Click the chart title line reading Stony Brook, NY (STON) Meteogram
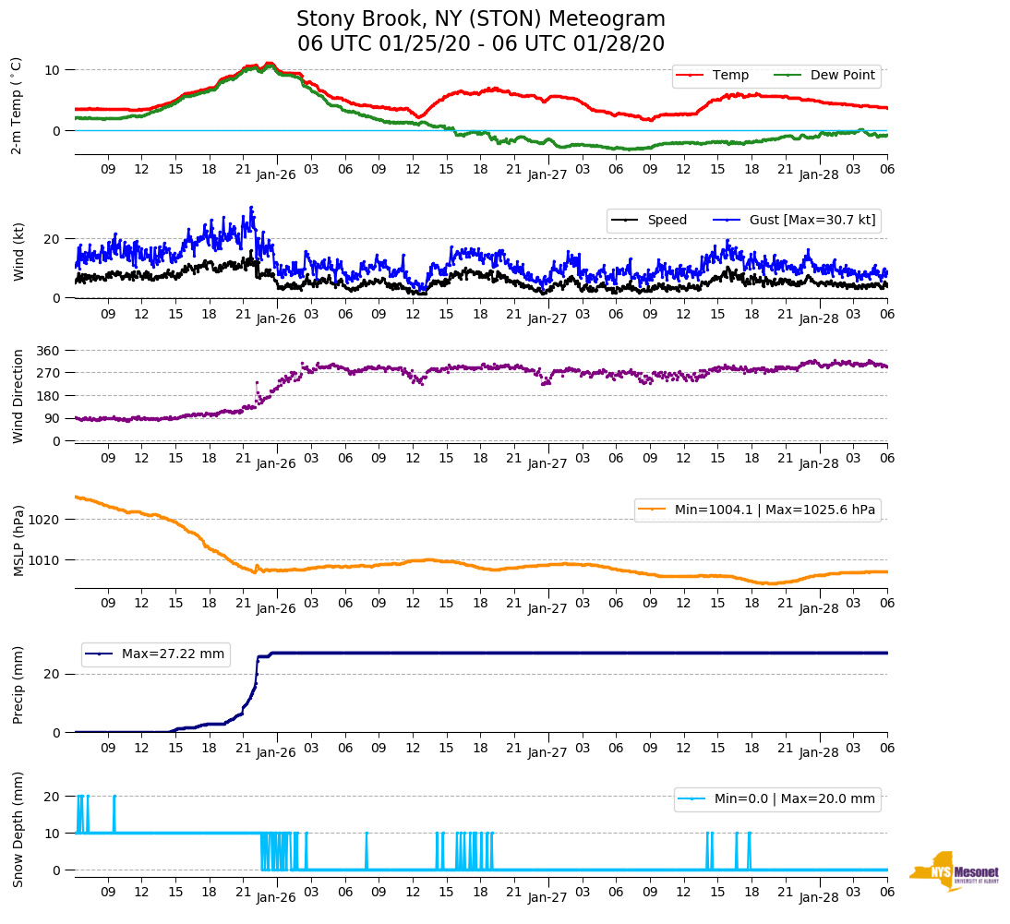480,19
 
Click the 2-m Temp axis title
16,104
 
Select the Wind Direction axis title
18,395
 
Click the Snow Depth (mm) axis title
18,829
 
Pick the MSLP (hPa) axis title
18,540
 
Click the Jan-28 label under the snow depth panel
818,896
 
